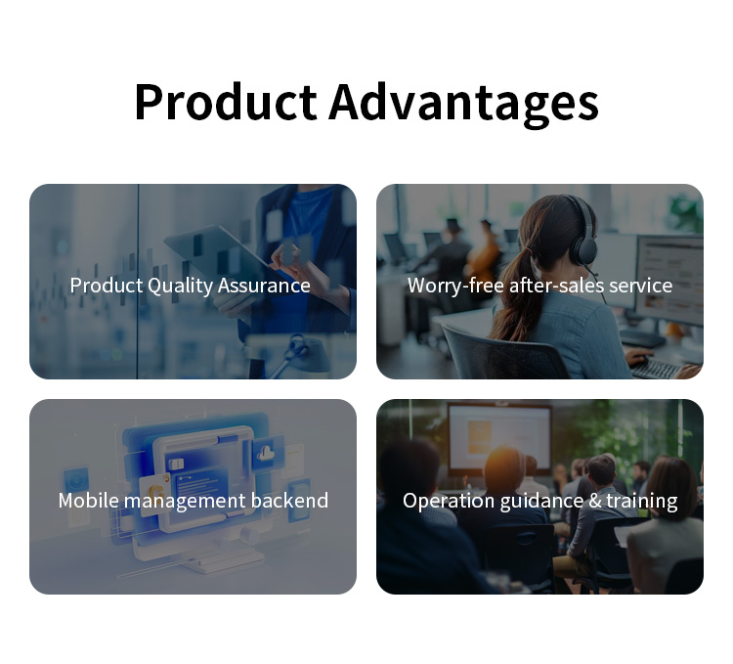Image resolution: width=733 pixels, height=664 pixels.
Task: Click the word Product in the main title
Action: (x=226, y=102)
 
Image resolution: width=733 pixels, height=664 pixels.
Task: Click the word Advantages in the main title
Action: (x=463, y=104)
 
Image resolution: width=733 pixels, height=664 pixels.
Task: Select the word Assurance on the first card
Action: (x=264, y=286)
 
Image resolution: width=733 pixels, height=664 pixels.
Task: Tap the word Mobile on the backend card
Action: (x=88, y=501)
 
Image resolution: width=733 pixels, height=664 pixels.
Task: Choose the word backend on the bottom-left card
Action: (x=289, y=501)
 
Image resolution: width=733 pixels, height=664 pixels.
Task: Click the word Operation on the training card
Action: (x=449, y=501)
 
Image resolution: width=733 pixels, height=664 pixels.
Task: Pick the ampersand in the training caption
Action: (x=594, y=501)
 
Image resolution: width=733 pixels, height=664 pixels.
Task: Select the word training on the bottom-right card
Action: (x=642, y=501)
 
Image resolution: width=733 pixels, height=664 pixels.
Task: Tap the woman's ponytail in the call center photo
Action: (x=512, y=294)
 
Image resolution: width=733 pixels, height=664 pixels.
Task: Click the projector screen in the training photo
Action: (x=499, y=438)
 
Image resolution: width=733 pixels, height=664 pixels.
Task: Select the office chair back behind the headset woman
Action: (x=505, y=352)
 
